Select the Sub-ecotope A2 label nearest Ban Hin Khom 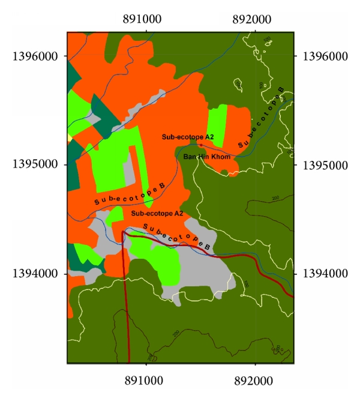tap(188, 137)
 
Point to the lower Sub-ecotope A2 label tap(157, 213)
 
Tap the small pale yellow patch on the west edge tap(69, 138)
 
